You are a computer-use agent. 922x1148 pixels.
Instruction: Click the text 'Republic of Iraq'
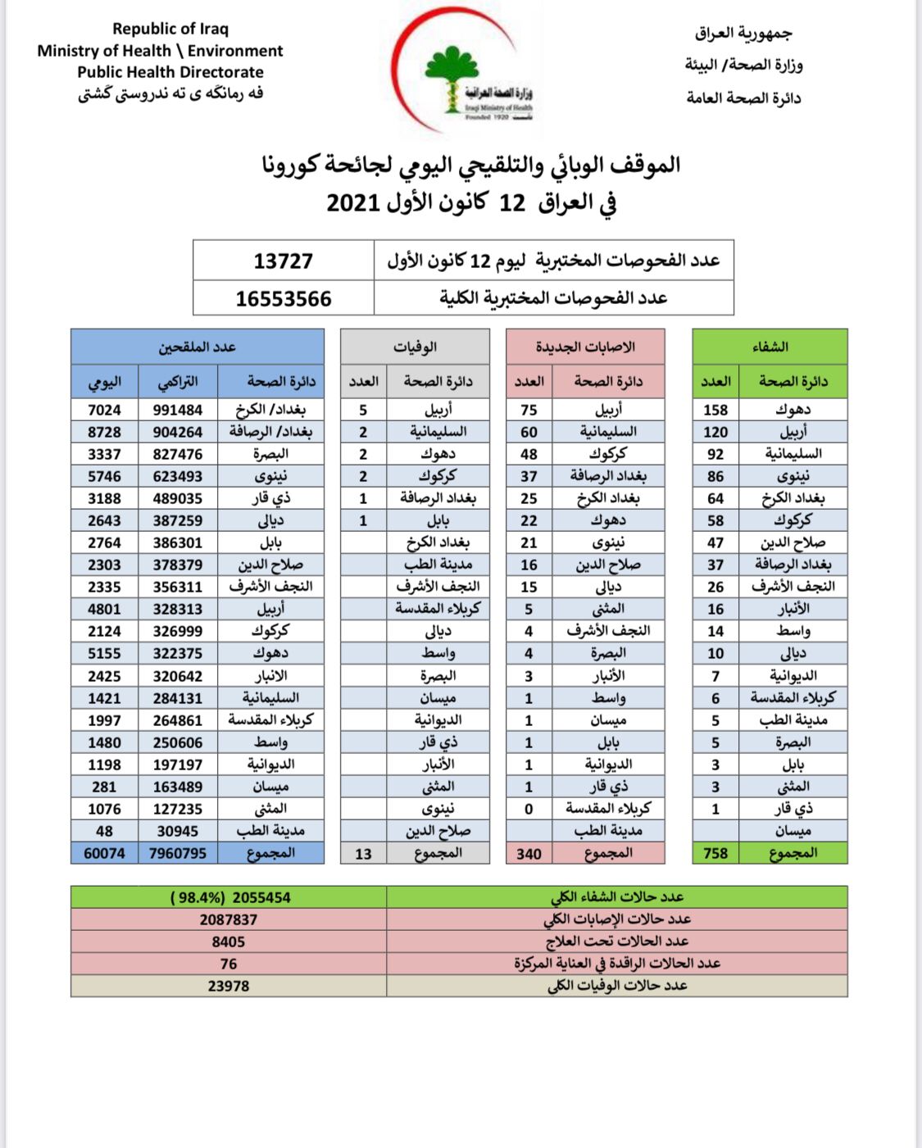pos(170,29)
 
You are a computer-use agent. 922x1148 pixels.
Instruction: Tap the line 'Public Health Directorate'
pos(170,72)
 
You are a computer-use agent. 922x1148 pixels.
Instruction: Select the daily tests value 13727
pos(284,261)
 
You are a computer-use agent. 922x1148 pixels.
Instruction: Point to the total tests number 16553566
pos(284,298)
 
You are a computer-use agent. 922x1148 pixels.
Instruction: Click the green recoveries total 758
pos(715,853)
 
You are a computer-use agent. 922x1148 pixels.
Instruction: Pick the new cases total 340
pos(529,854)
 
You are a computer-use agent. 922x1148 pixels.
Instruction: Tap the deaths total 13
pos(363,854)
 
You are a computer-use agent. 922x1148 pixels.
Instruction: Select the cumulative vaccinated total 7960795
pos(178,854)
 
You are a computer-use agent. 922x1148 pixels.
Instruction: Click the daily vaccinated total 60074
pos(104,854)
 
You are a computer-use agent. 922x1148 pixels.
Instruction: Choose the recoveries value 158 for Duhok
pos(715,410)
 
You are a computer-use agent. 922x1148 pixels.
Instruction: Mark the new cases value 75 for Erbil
pos(529,410)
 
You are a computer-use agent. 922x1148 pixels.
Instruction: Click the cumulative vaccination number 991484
pos(178,410)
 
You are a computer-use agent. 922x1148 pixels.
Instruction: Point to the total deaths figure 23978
pos(228,986)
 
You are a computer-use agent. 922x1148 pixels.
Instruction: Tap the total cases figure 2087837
pos(228,919)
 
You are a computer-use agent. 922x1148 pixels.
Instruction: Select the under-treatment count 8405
pos(228,942)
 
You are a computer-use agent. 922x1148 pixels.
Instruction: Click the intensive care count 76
pos(228,964)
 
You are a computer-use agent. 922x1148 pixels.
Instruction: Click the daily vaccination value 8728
pos(104,432)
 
